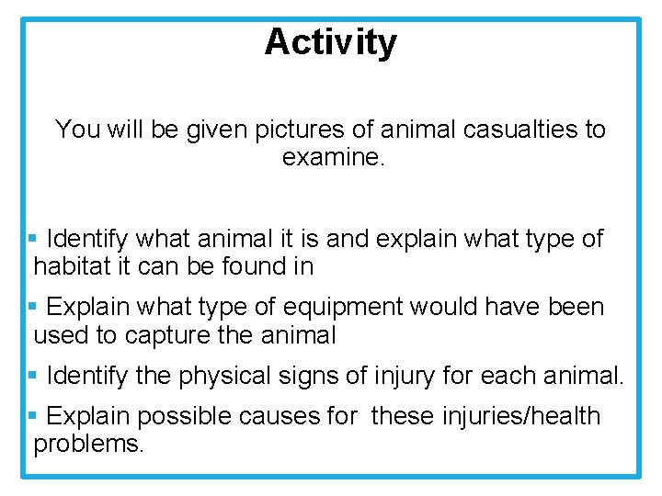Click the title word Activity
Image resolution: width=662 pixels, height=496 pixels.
tap(331, 42)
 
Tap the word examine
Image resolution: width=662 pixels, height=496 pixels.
tap(335, 157)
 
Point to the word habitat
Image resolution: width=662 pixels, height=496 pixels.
tap(73, 266)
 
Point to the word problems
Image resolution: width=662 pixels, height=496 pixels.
tap(88, 445)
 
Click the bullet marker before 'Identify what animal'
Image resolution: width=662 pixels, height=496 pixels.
tap(32, 239)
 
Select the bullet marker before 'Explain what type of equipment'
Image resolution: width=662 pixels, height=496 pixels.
tap(32, 306)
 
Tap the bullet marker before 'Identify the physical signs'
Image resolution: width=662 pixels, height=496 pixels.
tap(32, 375)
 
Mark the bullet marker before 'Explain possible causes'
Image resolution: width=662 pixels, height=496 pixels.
tap(32, 415)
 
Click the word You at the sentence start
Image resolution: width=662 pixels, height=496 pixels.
tap(77, 130)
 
